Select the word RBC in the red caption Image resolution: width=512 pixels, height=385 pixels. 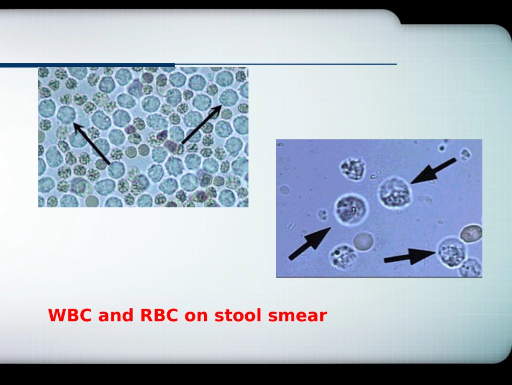159,315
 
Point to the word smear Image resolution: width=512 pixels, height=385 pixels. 297,316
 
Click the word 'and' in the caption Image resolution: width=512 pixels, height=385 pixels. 115,315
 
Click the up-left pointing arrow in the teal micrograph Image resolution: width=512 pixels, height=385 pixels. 92,143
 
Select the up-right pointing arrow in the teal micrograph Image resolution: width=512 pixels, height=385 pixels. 202,124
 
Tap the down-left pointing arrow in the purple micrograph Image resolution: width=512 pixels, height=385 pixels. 433,171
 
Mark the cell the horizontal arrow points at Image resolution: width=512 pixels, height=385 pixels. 452,252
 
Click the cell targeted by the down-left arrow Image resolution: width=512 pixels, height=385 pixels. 395,192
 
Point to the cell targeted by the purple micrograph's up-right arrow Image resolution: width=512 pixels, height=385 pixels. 352,208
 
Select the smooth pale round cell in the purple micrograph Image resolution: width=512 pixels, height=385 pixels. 363,242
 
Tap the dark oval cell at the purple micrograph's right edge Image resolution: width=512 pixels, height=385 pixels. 471,233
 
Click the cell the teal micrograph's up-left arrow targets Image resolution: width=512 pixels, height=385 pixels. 66,114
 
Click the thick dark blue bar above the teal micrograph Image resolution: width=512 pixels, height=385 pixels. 87,65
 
